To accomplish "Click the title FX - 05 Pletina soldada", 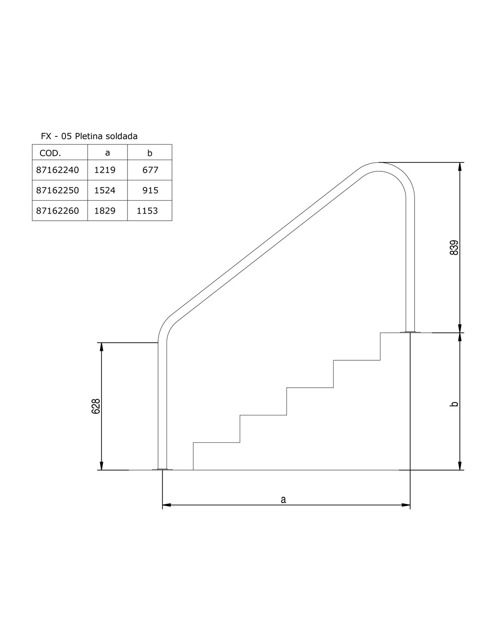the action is coord(89,136).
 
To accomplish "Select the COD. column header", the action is coord(50,153).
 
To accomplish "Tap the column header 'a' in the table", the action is coord(108,153).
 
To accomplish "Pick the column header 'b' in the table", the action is coord(150,153).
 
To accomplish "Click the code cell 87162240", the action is coord(57,170).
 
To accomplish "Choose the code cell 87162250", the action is coord(57,190).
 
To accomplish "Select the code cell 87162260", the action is coord(57,211).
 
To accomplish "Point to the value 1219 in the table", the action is coord(105,170).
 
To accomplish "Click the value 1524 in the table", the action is coord(105,190).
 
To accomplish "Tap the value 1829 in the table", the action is coord(105,211).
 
